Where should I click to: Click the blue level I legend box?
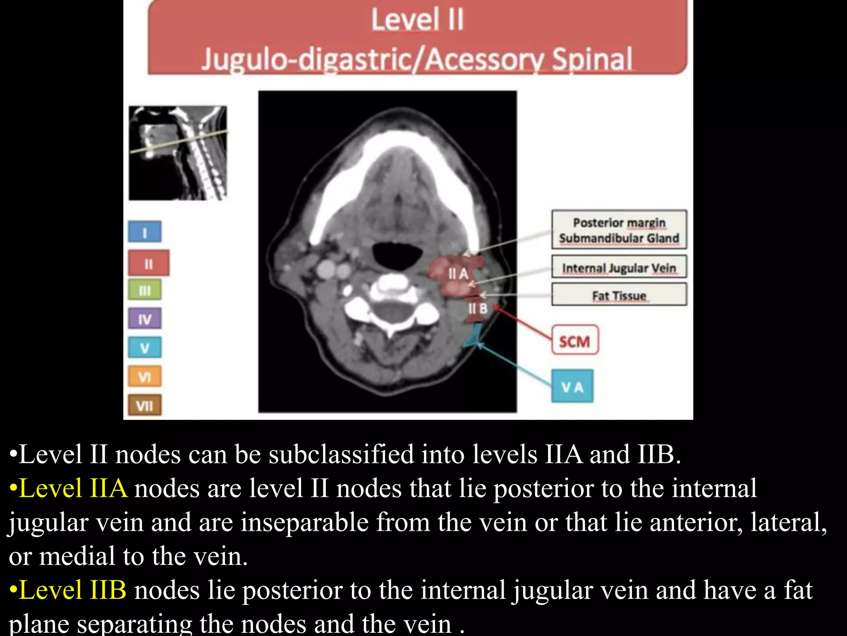(145, 232)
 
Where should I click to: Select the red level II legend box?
(148, 263)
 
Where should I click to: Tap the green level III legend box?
(145, 290)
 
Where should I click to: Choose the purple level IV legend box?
(145, 319)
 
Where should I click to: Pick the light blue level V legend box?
(145, 347)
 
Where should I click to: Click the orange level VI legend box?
(145, 376)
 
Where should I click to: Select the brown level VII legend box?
(145, 405)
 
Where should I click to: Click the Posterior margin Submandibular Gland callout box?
(619, 230)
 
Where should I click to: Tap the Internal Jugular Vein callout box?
(619, 267)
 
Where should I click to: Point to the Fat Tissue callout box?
(619, 295)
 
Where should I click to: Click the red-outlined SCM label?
(575, 341)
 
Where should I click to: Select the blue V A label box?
(572, 386)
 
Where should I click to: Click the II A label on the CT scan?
(458, 274)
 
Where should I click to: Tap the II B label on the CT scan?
(478, 308)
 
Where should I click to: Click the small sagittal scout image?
(178, 153)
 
